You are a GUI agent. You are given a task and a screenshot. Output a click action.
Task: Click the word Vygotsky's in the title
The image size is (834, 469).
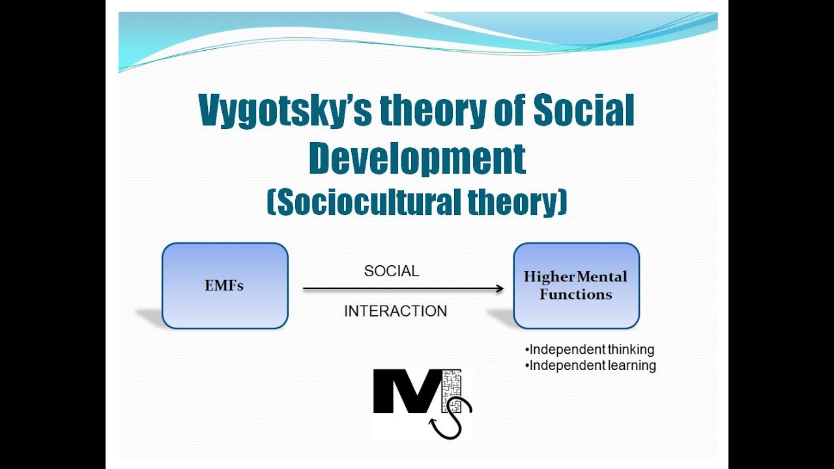coord(284,111)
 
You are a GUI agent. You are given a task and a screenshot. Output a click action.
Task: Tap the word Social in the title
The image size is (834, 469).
coord(584,111)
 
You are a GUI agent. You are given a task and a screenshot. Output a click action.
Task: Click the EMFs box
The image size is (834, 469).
coord(225,285)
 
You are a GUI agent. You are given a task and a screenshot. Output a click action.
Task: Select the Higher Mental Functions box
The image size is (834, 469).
coord(576,285)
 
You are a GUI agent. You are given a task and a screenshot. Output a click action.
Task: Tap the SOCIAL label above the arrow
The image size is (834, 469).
coord(392,271)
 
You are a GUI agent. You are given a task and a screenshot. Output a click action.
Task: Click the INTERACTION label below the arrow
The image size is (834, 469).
coord(395,311)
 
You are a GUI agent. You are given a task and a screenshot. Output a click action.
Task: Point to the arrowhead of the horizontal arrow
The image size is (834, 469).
coord(499,289)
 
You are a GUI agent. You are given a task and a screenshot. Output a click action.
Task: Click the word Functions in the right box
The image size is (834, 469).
coord(576,294)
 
